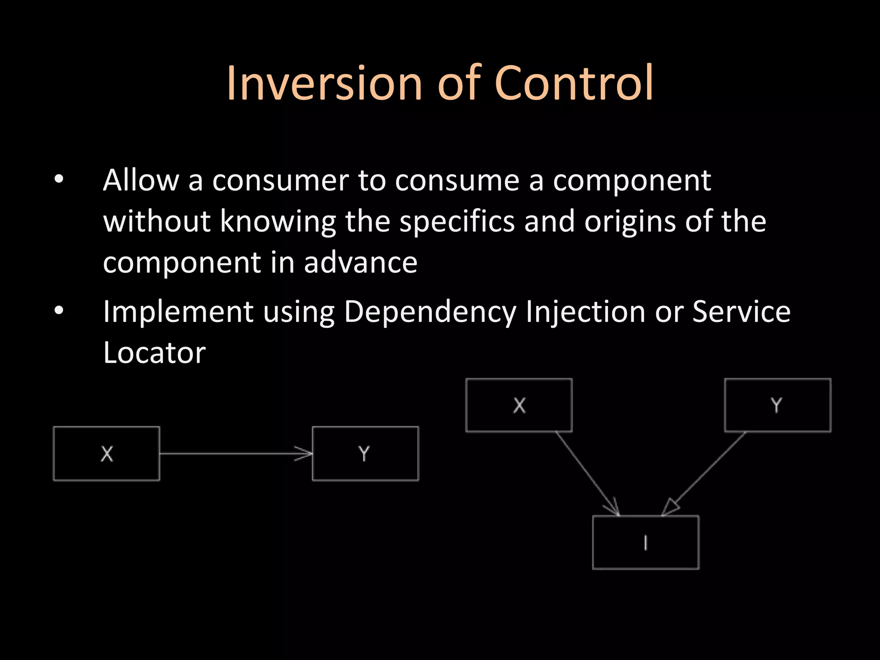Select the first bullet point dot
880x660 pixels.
click(x=59, y=179)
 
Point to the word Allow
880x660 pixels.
click(x=141, y=180)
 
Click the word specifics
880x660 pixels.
click(x=457, y=222)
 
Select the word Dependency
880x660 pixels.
click(x=430, y=312)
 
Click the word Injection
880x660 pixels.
click(x=585, y=312)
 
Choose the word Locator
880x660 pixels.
click(x=154, y=353)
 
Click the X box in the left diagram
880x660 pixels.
click(x=107, y=453)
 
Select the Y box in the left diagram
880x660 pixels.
click(x=365, y=453)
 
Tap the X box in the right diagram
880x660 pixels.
click(x=519, y=405)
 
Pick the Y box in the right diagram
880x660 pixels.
click(x=778, y=405)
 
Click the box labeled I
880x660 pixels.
click(x=645, y=542)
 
